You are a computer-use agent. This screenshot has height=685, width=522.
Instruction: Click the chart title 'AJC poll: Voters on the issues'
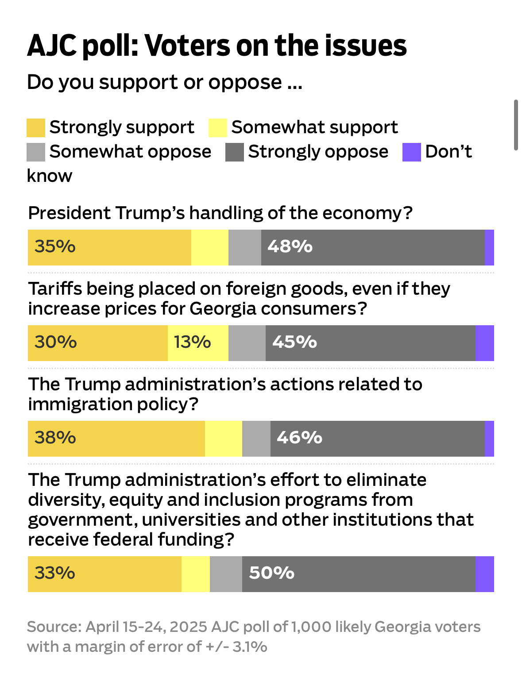pos(217,46)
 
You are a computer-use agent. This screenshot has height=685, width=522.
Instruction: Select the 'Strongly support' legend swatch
pos(36,127)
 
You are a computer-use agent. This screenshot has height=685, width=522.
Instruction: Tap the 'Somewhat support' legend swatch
pos(218,127)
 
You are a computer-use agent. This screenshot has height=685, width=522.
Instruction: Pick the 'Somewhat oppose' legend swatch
pos(36,152)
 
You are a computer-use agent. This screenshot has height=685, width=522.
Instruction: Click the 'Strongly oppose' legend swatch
pos(234,152)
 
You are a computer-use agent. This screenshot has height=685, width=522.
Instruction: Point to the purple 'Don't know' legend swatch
pos(411,152)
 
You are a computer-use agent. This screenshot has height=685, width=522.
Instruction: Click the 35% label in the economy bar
pos(55,246)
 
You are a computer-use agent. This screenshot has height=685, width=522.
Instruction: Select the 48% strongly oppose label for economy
pos(290,246)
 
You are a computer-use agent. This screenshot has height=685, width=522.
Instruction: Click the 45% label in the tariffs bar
pos(294,342)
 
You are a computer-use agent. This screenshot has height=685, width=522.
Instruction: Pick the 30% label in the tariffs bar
pos(56,342)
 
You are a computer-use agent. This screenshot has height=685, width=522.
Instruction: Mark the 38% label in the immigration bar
pos(55,438)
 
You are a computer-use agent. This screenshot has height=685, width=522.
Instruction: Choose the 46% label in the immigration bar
pos(299,438)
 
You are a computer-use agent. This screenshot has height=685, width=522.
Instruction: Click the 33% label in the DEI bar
pos(55,573)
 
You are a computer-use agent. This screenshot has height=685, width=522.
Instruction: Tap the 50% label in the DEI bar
pos(271,573)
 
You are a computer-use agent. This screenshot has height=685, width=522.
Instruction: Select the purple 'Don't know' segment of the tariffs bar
pos(484,343)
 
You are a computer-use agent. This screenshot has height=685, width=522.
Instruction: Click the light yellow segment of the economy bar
pos(210,247)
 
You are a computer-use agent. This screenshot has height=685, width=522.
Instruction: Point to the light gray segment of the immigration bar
pos(256,439)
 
